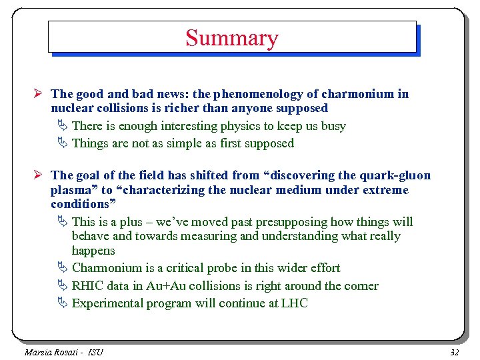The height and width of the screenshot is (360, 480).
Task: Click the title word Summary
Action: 231,38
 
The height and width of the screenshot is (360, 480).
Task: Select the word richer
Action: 227,108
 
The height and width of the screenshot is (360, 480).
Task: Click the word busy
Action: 333,126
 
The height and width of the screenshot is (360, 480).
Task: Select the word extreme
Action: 385,190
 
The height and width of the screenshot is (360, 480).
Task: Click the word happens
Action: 93,251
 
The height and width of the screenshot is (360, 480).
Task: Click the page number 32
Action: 455,351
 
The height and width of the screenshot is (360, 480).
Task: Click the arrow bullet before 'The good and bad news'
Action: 41,94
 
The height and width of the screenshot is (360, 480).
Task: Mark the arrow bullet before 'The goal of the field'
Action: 41,175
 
